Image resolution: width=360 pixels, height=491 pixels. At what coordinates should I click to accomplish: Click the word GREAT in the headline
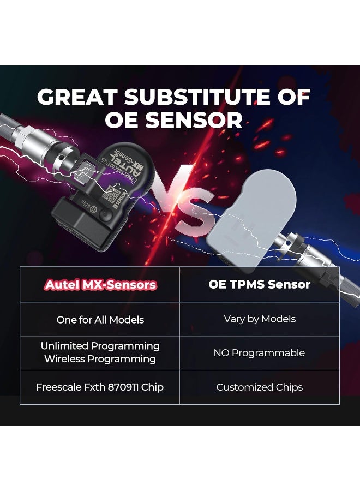77,98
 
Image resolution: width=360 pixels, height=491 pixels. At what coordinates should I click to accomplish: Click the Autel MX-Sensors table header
100,284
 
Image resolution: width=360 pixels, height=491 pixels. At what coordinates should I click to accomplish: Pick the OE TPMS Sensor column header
259,284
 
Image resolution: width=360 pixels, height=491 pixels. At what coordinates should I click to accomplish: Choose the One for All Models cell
100,319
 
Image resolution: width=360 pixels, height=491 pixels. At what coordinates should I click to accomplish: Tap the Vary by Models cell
259,319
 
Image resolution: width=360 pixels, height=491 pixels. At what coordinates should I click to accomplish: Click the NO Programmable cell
259,353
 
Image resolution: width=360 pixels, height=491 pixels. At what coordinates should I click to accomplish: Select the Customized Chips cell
259,387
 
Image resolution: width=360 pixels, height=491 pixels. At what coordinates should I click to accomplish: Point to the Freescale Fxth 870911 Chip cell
100,387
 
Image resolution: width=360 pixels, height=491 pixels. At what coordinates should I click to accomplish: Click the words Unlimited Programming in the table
100,346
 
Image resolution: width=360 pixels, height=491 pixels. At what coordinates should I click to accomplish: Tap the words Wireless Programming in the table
100,359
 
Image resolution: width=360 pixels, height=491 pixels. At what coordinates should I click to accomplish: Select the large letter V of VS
169,188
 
